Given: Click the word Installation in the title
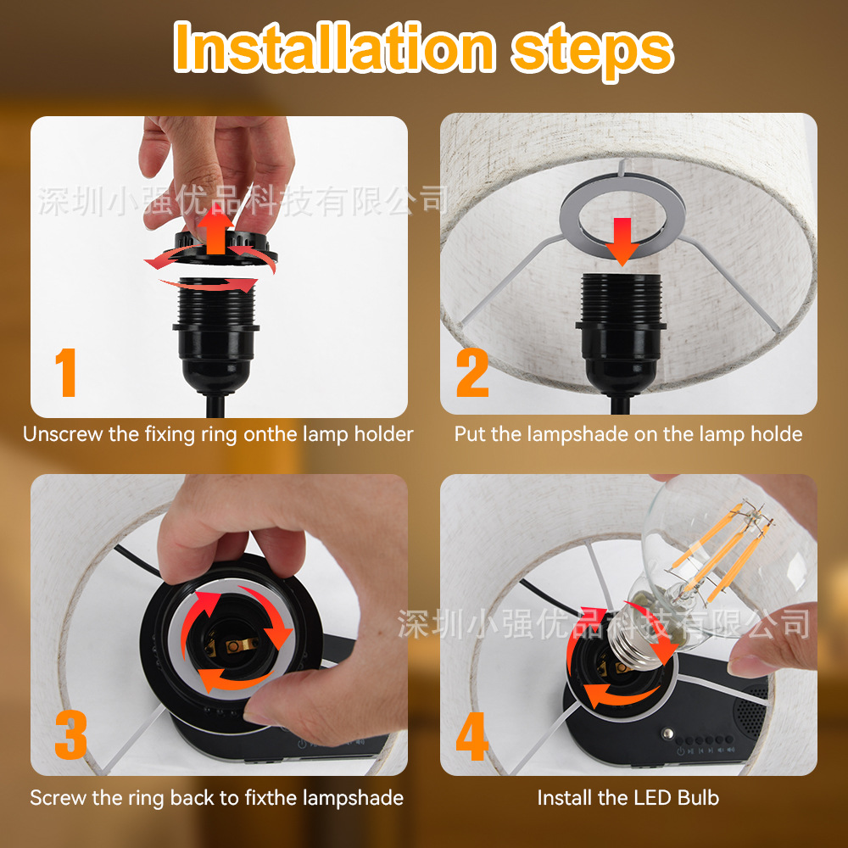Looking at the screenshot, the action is tap(334, 47).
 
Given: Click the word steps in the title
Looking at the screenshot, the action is tap(592, 53).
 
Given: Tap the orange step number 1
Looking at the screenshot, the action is tap(66, 372).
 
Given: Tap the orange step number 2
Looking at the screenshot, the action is tap(472, 372).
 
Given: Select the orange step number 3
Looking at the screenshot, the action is tap(71, 734).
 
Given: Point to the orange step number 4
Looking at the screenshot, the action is tap(472, 736).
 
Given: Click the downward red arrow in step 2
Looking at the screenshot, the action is tap(622, 241).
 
